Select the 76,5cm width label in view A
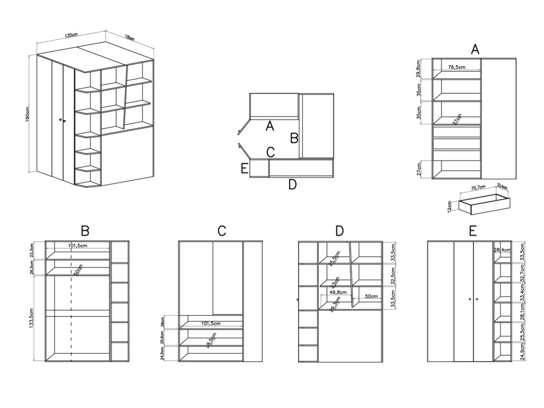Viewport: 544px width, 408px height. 456,67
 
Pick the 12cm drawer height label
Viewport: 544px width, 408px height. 450,206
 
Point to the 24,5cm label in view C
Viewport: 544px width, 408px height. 162,353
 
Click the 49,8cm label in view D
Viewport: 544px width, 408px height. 338,292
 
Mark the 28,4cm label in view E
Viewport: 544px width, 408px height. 502,250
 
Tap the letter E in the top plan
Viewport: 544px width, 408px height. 244,168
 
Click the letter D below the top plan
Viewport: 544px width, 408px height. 292,185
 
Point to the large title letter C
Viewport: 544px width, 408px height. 222,231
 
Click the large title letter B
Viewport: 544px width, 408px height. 85,231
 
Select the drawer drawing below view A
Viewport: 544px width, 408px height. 485,204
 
